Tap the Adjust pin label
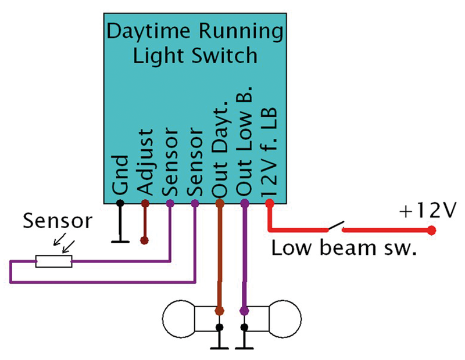[x=145, y=163]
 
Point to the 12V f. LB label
[x=270, y=152]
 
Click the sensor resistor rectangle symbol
[x=54, y=262]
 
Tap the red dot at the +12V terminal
[x=431, y=231]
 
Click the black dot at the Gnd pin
[x=120, y=203]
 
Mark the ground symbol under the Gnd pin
[x=120, y=239]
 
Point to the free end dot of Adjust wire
[x=145, y=240]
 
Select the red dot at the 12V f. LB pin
[x=269, y=203]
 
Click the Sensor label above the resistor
[x=57, y=222]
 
